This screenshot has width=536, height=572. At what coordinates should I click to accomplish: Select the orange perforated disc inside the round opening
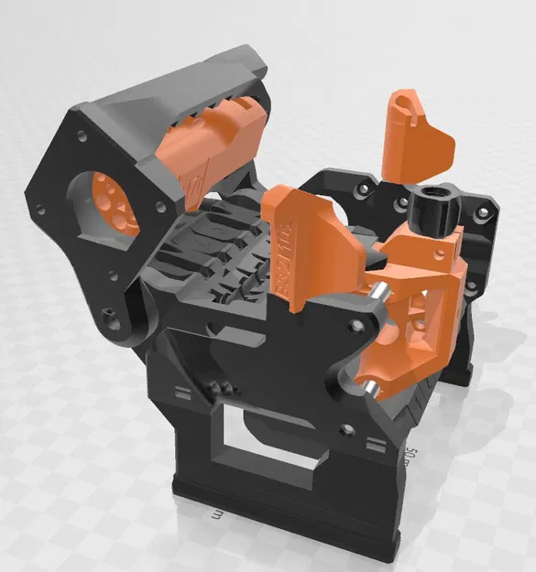(x=111, y=207)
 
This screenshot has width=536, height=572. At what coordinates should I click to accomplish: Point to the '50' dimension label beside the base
(x=414, y=455)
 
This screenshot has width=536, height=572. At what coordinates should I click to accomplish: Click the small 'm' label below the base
(x=216, y=516)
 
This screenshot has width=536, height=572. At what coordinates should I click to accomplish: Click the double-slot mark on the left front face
(x=182, y=394)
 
